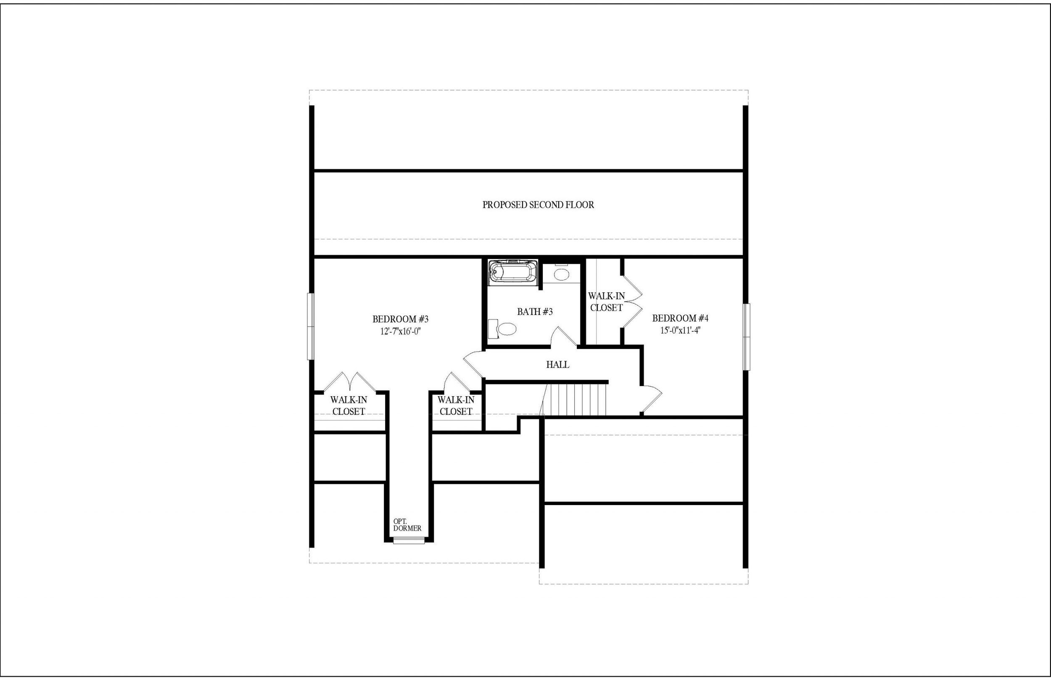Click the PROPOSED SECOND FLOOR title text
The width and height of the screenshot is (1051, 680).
point(538,205)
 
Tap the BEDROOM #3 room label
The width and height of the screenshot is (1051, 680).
point(400,319)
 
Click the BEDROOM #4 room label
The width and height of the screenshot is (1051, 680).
point(680,318)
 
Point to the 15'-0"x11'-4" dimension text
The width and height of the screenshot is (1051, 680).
point(680,330)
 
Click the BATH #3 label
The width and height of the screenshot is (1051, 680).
point(535,312)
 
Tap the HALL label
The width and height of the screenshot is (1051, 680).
point(557,365)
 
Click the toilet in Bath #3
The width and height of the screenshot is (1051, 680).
point(503,329)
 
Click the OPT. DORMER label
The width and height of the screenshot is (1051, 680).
point(407,525)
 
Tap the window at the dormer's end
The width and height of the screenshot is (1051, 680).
point(409,540)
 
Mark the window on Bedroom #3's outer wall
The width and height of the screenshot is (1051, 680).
point(311,326)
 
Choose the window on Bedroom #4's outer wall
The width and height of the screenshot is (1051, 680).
point(746,337)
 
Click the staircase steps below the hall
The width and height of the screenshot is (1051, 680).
point(576,400)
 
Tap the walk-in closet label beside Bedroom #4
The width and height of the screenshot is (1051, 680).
point(606,302)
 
